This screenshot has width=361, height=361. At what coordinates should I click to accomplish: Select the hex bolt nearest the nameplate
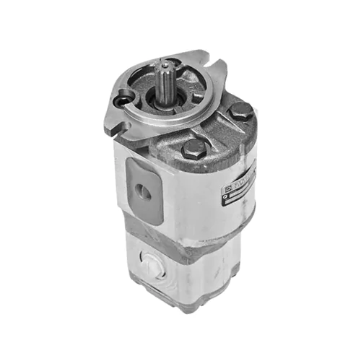point(242,111)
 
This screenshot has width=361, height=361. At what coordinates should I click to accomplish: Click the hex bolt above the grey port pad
point(195,149)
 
